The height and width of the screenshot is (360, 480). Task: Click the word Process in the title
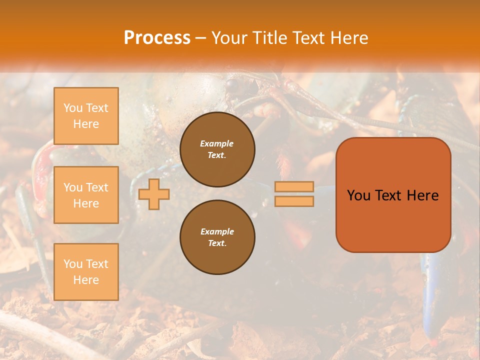(157, 38)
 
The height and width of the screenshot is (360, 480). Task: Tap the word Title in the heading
(270, 38)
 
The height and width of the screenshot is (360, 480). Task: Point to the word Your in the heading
(230, 38)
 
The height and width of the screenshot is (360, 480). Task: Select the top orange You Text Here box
(86, 116)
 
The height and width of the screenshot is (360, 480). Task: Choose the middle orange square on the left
(86, 195)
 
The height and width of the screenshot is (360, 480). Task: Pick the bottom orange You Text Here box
(86, 272)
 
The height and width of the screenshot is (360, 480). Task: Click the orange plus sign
(154, 194)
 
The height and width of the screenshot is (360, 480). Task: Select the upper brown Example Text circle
(217, 149)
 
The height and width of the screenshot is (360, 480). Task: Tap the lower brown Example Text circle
(217, 237)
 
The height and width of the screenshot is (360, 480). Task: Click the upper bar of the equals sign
(294, 186)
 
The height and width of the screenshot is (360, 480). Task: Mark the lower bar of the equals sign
(294, 201)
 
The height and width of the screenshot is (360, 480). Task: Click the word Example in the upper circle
(217, 143)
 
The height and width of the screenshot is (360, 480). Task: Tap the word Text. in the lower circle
(217, 243)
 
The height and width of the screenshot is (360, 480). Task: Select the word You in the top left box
(72, 108)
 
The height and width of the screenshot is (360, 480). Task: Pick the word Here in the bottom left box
(86, 280)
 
